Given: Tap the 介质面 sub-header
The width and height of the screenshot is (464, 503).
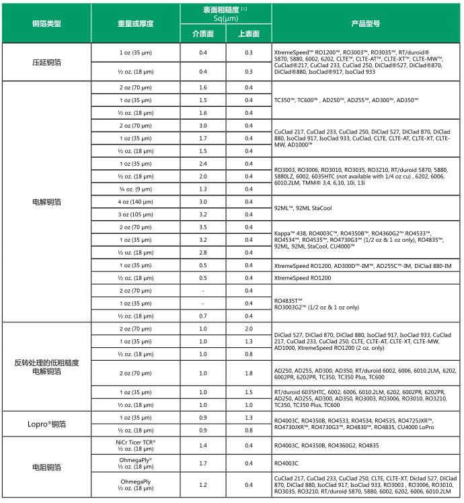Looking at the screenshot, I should pos(202,34).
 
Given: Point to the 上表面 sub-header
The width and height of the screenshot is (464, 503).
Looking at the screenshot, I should pos(249,34).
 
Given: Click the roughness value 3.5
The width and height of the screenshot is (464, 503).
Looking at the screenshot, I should pos(202,227).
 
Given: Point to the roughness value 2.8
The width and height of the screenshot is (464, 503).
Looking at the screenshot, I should pos(202,252).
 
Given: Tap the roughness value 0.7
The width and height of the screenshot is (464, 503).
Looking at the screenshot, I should pos(202,316).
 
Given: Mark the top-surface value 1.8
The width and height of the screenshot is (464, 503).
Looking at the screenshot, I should pos(249,373).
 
